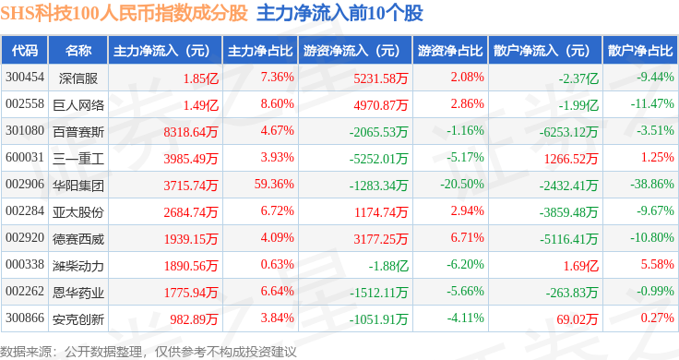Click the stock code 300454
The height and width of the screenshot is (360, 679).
coord(25,78)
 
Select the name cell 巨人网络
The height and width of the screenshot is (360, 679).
coord(78,105)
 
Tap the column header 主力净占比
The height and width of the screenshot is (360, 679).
coord(260,51)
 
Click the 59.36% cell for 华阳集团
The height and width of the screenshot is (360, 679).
coord(274,184)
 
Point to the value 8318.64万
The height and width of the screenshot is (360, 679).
coord(191,132)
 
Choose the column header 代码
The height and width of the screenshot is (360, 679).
coord(25,51)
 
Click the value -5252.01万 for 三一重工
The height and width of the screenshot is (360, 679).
coord(379,159)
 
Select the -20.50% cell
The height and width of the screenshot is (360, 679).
coord(462,184)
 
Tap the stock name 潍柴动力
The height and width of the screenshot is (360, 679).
coord(78,266)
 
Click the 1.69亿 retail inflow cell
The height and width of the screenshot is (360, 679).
coord(580,266)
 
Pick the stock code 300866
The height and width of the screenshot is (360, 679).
coord(25,318)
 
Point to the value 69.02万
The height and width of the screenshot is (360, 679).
coord(578,319)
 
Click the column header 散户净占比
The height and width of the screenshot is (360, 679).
coord(640,51)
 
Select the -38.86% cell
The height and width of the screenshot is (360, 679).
coord(652,184)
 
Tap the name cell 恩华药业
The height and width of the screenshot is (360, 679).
coord(78,293)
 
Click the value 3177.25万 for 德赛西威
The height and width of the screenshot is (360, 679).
coord(381,239)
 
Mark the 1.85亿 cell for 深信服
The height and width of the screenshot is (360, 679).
coord(201,78)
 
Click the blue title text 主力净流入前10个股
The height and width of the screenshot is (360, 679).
coord(339,14)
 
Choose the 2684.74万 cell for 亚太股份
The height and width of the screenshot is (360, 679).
coord(191,211)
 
